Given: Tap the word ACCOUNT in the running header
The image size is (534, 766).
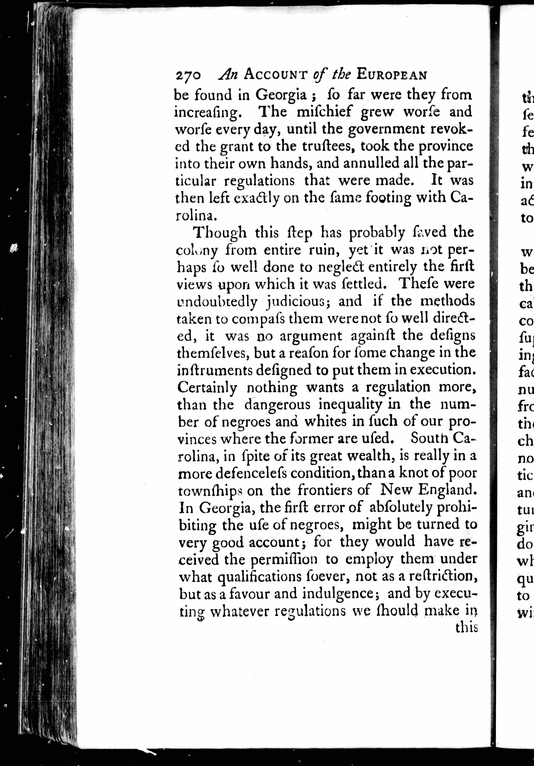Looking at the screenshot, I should click(x=275, y=75).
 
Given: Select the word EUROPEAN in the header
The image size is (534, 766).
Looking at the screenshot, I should click(x=391, y=75).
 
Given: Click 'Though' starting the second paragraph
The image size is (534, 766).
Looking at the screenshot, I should click(x=220, y=233).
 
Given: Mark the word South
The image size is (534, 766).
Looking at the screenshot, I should click(x=425, y=439).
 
